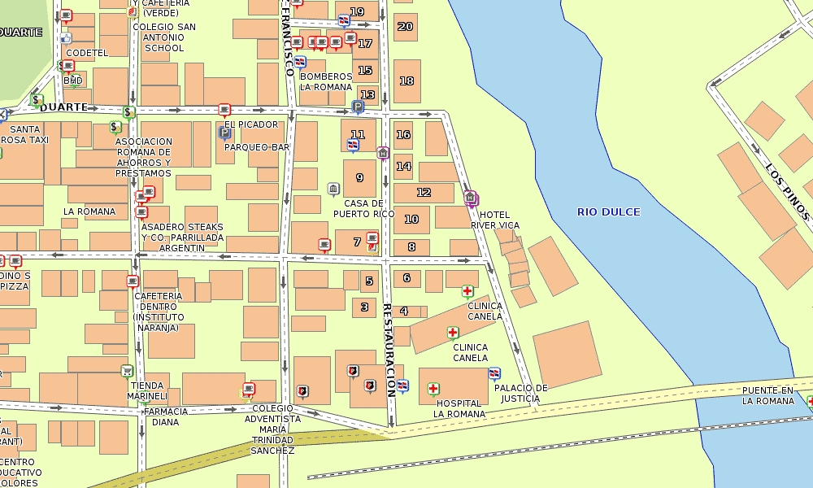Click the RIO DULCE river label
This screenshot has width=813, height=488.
[x=608, y=212]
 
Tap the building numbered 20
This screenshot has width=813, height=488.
[x=405, y=27]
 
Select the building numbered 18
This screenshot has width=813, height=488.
[x=406, y=81]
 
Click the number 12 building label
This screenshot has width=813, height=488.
[x=424, y=193]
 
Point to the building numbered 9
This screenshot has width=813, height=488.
[x=359, y=177]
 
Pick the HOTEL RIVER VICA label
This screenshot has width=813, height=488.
[x=495, y=220]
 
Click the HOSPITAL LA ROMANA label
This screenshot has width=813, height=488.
[x=459, y=408]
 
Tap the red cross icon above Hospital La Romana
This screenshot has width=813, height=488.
[x=433, y=389]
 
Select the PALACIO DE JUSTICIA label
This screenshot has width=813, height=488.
[x=520, y=394]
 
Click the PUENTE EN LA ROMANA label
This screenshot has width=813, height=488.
[x=767, y=396]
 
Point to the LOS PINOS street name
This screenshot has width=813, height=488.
[x=788, y=191]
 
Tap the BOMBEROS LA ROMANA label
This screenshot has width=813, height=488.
[x=326, y=81]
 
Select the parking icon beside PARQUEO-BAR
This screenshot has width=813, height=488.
[x=224, y=133]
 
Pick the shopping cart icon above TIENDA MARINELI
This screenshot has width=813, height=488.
[x=127, y=371]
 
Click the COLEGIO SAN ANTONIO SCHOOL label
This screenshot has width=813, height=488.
[x=164, y=37]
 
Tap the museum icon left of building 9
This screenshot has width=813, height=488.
[x=333, y=189]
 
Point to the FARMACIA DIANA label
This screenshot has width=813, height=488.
[x=165, y=416]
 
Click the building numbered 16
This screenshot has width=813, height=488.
[x=403, y=135]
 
